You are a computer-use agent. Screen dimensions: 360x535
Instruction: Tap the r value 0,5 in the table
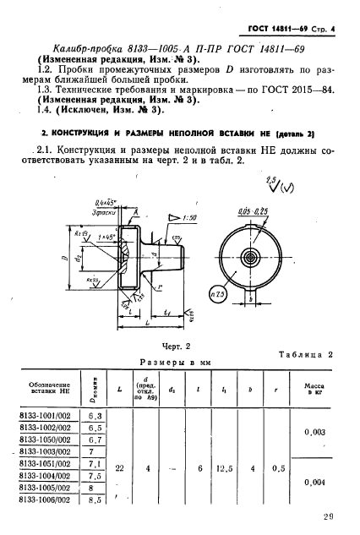293,465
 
